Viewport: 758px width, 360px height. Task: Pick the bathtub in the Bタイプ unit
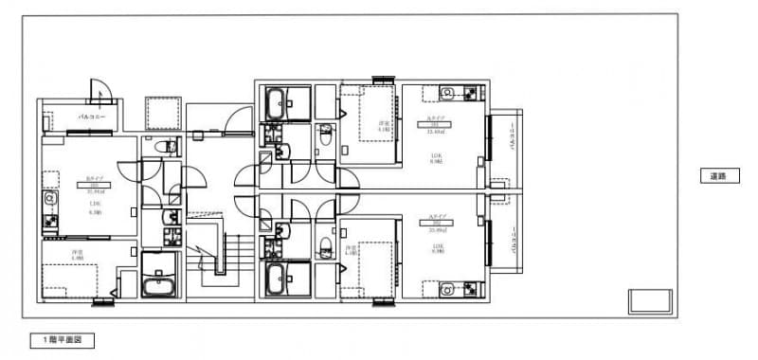[159, 287]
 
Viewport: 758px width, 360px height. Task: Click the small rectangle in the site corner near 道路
[649, 301]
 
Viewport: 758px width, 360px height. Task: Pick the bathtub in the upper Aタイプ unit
[284, 102]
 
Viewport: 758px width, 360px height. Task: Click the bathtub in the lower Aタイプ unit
[284, 279]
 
